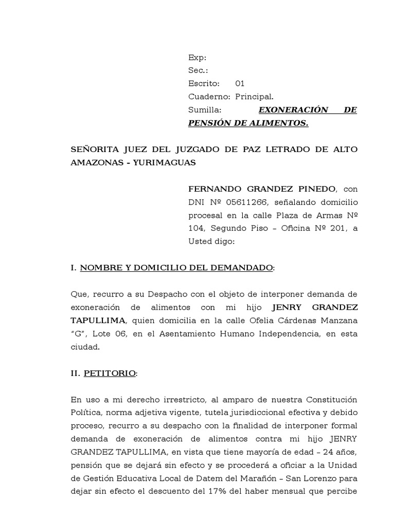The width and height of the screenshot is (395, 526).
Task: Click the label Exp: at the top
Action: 197,58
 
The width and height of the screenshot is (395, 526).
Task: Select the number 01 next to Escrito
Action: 240,83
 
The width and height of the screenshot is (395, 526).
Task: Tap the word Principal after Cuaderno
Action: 255,96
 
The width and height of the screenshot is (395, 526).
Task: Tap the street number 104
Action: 197,228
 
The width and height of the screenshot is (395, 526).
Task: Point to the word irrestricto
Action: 170,399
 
